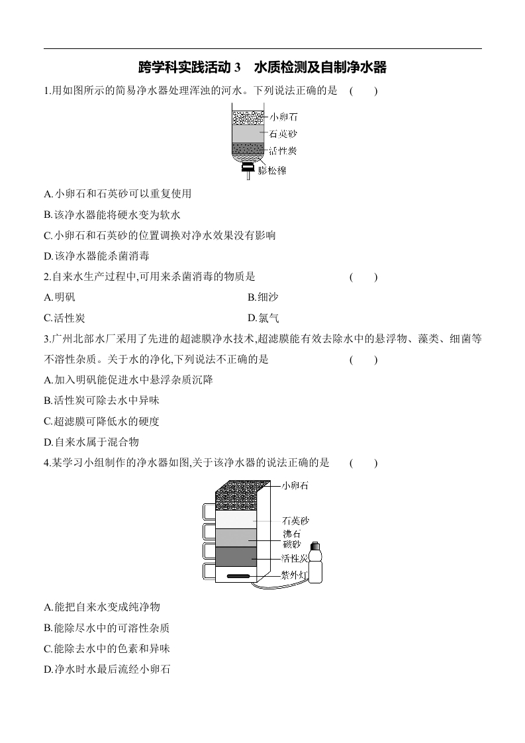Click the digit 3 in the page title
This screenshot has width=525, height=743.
[x=238, y=68]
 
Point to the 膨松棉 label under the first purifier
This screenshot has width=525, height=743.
[x=272, y=170]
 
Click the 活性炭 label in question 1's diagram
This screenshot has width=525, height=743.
[x=283, y=151]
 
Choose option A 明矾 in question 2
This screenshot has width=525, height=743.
[x=59, y=297]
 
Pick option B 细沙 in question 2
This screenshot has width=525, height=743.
[x=263, y=297]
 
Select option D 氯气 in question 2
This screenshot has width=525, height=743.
[x=263, y=318]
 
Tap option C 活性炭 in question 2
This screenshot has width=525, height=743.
[x=64, y=318]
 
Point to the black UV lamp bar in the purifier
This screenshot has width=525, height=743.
[x=238, y=576]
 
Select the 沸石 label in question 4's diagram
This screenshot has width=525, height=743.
[x=292, y=534]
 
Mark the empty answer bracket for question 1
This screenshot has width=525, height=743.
[x=363, y=91]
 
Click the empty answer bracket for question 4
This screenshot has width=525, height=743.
[x=363, y=462]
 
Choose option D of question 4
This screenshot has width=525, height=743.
[x=107, y=669]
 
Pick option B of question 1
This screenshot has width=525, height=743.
[x=113, y=215]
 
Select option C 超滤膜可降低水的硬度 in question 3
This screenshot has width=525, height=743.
[x=101, y=421]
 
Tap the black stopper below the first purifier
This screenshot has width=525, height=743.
[x=248, y=168]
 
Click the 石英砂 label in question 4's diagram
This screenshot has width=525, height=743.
[x=295, y=520]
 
